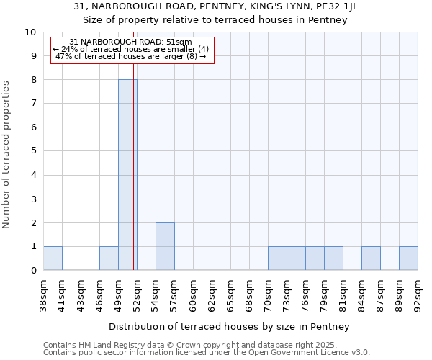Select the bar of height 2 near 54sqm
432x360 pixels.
[165, 246]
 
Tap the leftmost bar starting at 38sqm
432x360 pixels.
[53, 258]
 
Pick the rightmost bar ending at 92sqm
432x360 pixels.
[408, 258]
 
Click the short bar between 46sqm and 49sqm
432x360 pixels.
[109, 258]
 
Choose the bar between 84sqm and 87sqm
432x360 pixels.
[371, 258]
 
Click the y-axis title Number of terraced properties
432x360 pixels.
[7, 155]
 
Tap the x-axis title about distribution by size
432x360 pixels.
[230, 327]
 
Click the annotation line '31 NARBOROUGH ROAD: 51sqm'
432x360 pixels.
[131, 42]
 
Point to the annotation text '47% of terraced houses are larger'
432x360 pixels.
[131, 56]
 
